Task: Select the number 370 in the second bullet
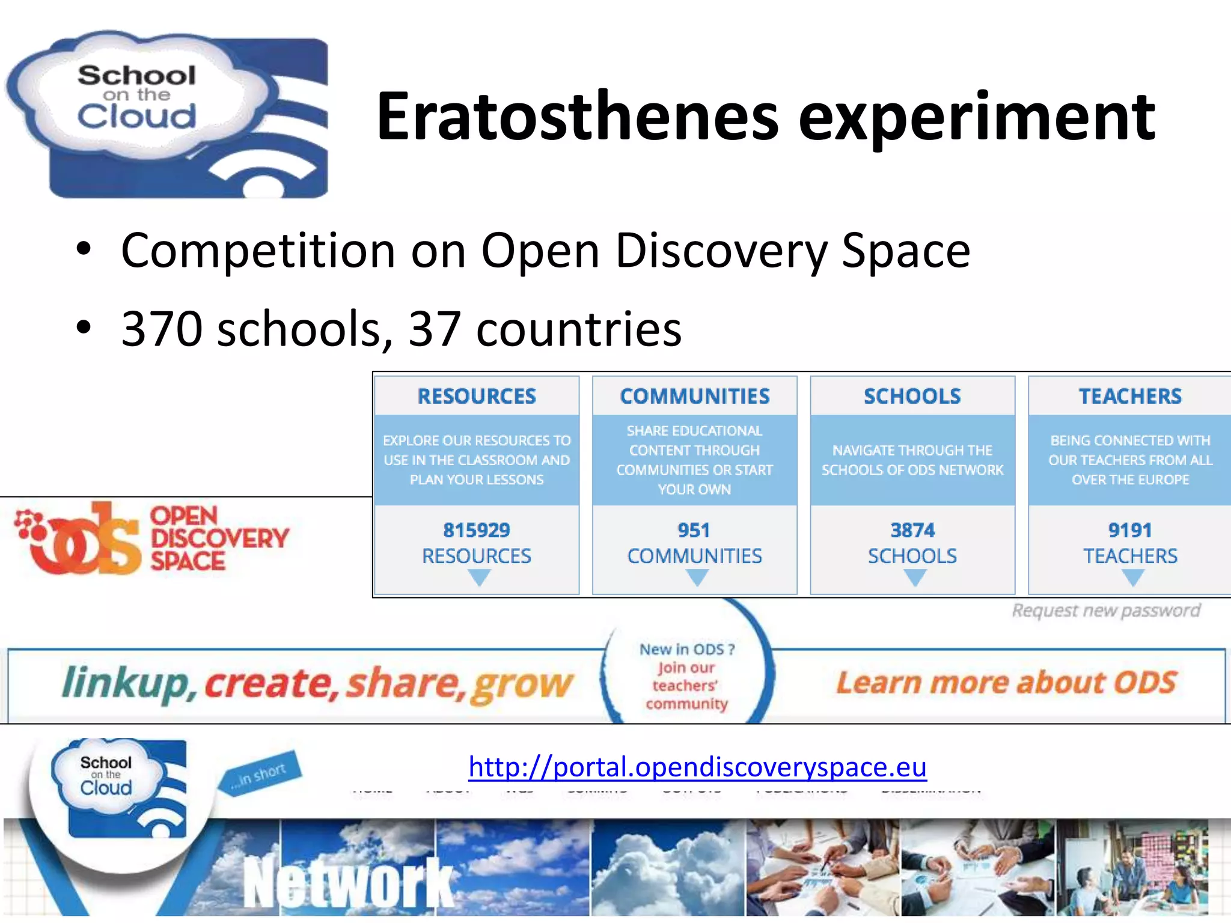point(162,329)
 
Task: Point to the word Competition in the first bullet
point(258,251)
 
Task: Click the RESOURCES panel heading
point(477,396)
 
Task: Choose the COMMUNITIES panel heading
point(695,396)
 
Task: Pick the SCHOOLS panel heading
point(912,396)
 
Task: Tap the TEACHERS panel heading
point(1130,396)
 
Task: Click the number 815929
point(477,530)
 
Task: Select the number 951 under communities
point(694,530)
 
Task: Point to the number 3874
point(912,530)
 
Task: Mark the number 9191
point(1130,530)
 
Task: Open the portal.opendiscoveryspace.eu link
point(697,767)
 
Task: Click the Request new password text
point(1106,611)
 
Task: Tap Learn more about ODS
point(1006,683)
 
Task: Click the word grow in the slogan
point(522,685)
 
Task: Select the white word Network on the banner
point(349,883)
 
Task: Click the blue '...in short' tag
point(260,775)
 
